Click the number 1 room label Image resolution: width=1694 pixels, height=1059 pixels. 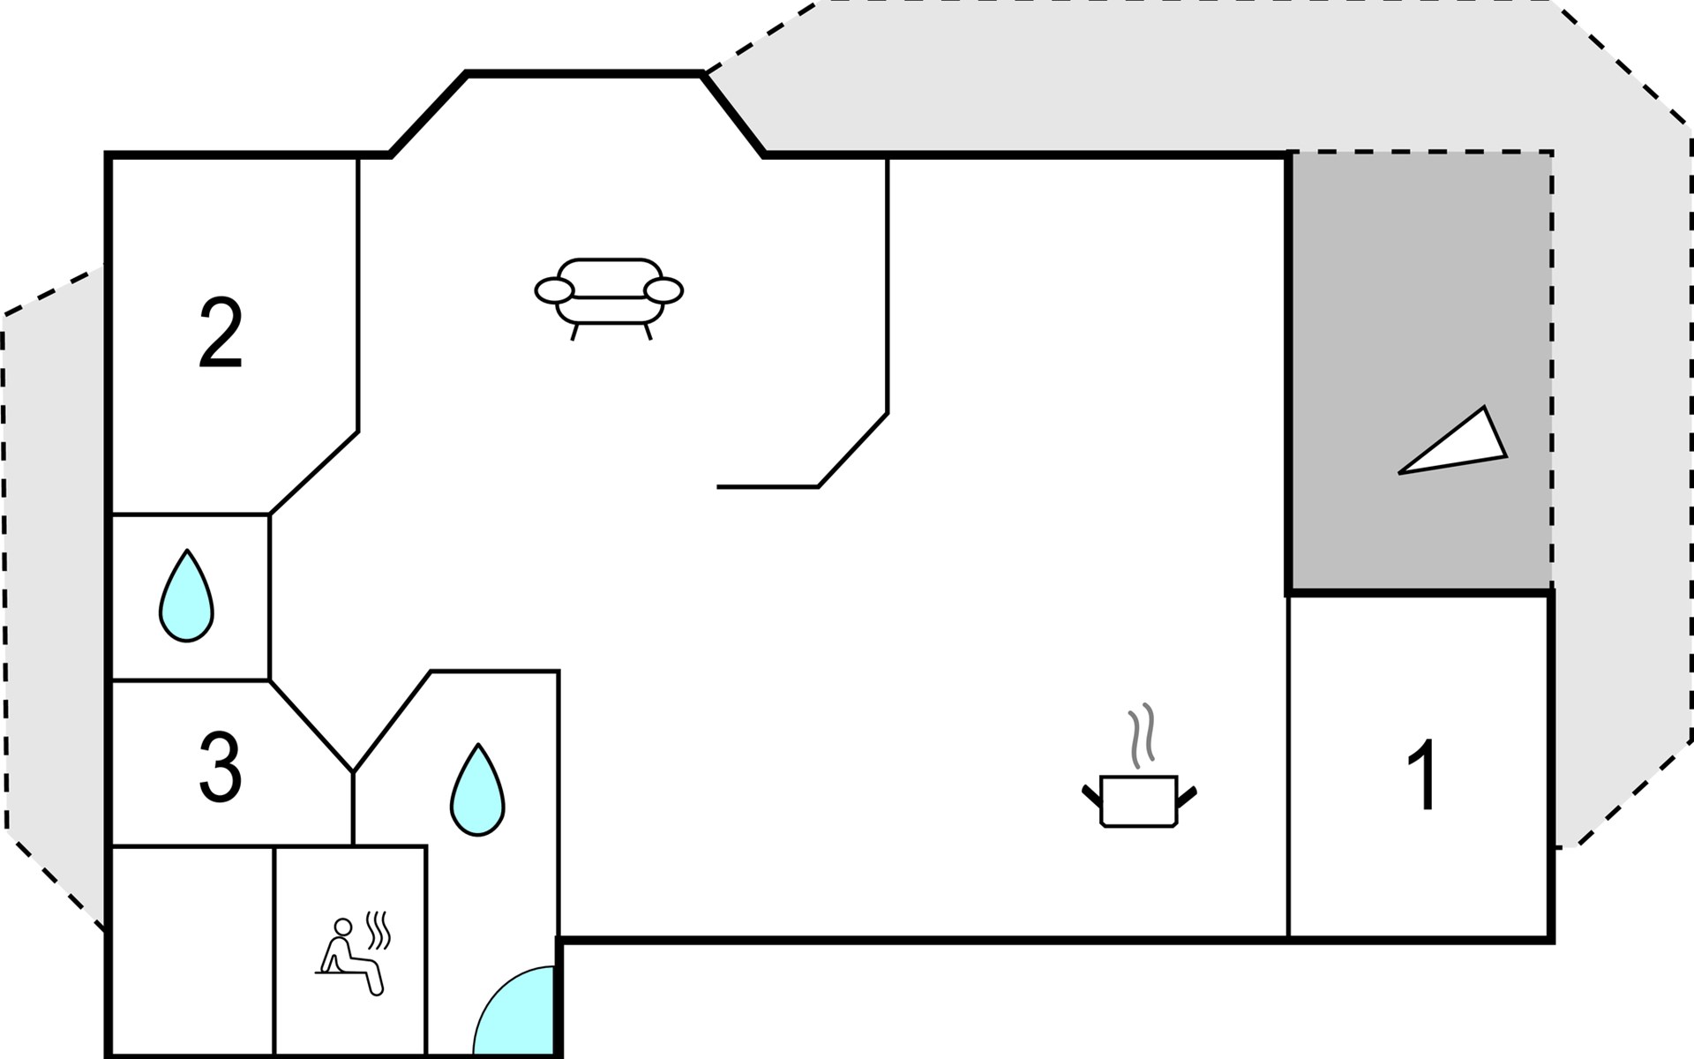[1421, 775]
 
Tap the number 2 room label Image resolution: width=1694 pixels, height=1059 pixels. [221, 334]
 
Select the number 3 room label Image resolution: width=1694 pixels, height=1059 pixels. [220, 769]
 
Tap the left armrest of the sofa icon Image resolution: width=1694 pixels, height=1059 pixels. [554, 289]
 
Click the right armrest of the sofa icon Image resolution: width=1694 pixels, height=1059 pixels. [663, 289]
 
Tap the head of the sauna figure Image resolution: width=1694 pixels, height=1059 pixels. [342, 926]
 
